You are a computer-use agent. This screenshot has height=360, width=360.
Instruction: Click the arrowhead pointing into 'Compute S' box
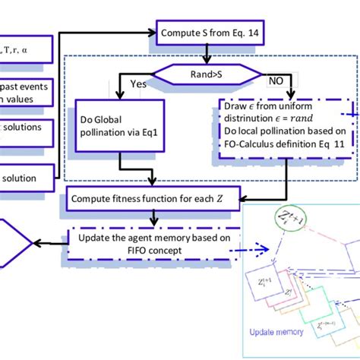pyautogui.click(x=153, y=33)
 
